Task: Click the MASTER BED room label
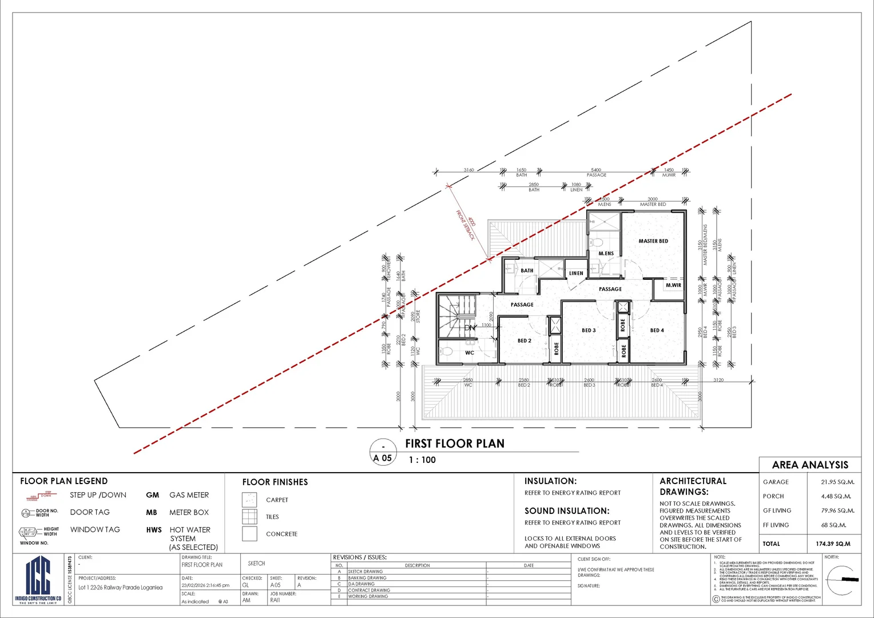(653, 241)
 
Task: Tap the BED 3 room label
(589, 331)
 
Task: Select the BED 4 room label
(657, 331)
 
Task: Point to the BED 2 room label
(524, 341)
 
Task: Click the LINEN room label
(576, 274)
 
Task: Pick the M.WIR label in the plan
(673, 286)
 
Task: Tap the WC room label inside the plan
(469, 353)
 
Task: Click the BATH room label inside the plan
(527, 271)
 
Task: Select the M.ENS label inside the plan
(606, 253)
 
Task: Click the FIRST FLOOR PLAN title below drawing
(455, 444)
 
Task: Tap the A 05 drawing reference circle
(383, 452)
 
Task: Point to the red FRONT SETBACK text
(465, 225)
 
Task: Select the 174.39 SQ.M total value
(833, 544)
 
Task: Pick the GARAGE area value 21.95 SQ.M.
(837, 482)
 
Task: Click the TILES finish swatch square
(249, 517)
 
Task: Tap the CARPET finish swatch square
(249, 500)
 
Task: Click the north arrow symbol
(843, 580)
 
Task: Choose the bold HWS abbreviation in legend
(154, 530)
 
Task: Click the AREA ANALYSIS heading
(810, 465)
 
